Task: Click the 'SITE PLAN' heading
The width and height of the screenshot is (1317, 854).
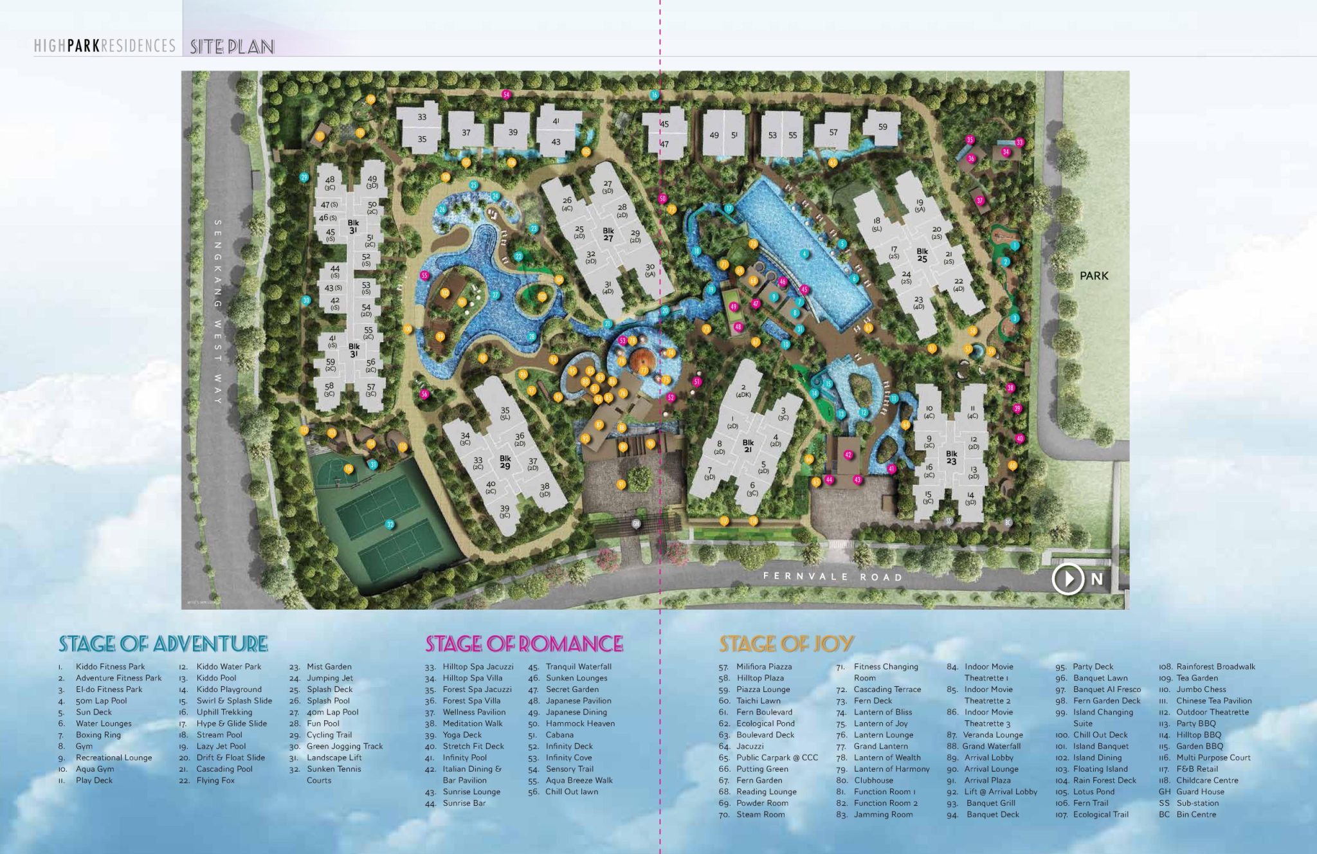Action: point(232,46)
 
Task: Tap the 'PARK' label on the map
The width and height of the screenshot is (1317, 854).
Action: point(1094,276)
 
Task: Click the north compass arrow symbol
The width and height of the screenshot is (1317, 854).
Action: point(1067,579)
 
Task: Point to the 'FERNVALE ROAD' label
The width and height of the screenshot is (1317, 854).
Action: point(833,576)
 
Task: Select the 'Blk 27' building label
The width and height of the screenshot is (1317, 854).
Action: point(608,234)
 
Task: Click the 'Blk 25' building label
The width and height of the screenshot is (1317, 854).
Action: point(922,255)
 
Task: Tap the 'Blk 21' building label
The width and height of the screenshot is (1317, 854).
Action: point(748,446)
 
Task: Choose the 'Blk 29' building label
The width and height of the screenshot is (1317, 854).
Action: point(505,462)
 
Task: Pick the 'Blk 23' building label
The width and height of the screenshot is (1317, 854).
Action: point(951,457)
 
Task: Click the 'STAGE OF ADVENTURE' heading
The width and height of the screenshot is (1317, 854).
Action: point(163,644)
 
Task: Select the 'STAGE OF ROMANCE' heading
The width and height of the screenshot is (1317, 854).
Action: point(524,644)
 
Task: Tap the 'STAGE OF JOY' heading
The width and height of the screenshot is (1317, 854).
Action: point(786,644)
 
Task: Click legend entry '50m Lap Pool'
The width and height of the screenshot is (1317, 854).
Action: point(101,701)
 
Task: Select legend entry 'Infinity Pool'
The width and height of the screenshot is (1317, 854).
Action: point(464,758)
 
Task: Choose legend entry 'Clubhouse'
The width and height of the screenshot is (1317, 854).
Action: point(873,780)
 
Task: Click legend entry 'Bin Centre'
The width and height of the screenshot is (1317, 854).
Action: point(1196,814)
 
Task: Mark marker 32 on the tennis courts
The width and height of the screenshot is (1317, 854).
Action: point(390,525)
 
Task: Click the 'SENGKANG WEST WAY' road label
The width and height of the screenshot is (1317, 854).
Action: point(218,312)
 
